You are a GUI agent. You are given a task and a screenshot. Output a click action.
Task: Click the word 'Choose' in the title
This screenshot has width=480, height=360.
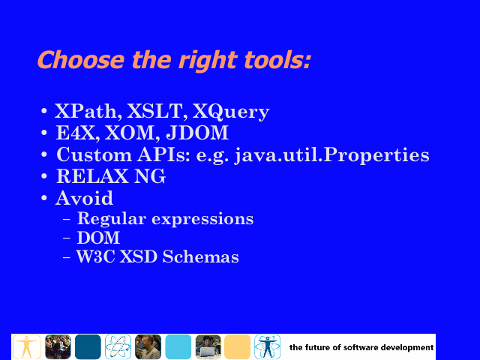click(x=81, y=59)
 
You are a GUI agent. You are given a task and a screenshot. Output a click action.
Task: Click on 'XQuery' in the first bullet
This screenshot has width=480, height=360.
click(x=231, y=112)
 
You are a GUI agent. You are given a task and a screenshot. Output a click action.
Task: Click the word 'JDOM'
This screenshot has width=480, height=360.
click(x=197, y=133)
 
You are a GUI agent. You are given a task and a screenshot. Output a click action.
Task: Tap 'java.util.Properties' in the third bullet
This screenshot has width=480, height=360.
click(x=331, y=155)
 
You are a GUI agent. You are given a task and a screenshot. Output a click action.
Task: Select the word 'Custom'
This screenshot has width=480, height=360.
click(x=94, y=154)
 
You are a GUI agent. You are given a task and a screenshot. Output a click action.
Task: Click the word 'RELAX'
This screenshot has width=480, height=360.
click(x=92, y=176)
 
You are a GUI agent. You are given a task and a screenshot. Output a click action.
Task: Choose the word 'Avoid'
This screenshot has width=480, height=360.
click(x=85, y=198)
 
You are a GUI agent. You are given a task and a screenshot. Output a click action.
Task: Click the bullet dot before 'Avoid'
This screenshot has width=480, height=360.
click(x=44, y=198)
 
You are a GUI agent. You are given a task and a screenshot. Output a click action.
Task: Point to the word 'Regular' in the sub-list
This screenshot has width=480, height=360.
click(x=112, y=219)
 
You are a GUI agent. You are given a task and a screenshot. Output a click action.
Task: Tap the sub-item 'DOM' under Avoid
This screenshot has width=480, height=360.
click(x=98, y=238)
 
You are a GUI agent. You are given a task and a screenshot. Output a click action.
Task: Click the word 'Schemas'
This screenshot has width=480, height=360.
click(x=200, y=256)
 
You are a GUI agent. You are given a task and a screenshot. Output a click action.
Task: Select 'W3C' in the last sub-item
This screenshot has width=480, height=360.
click(x=96, y=256)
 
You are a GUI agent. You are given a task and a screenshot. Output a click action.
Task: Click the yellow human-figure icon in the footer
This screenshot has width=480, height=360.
click(x=27, y=346)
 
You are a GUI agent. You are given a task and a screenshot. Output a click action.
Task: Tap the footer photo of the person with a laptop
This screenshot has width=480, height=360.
click(x=208, y=346)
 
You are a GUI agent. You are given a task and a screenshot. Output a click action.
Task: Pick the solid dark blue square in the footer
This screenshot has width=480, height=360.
click(x=88, y=346)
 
